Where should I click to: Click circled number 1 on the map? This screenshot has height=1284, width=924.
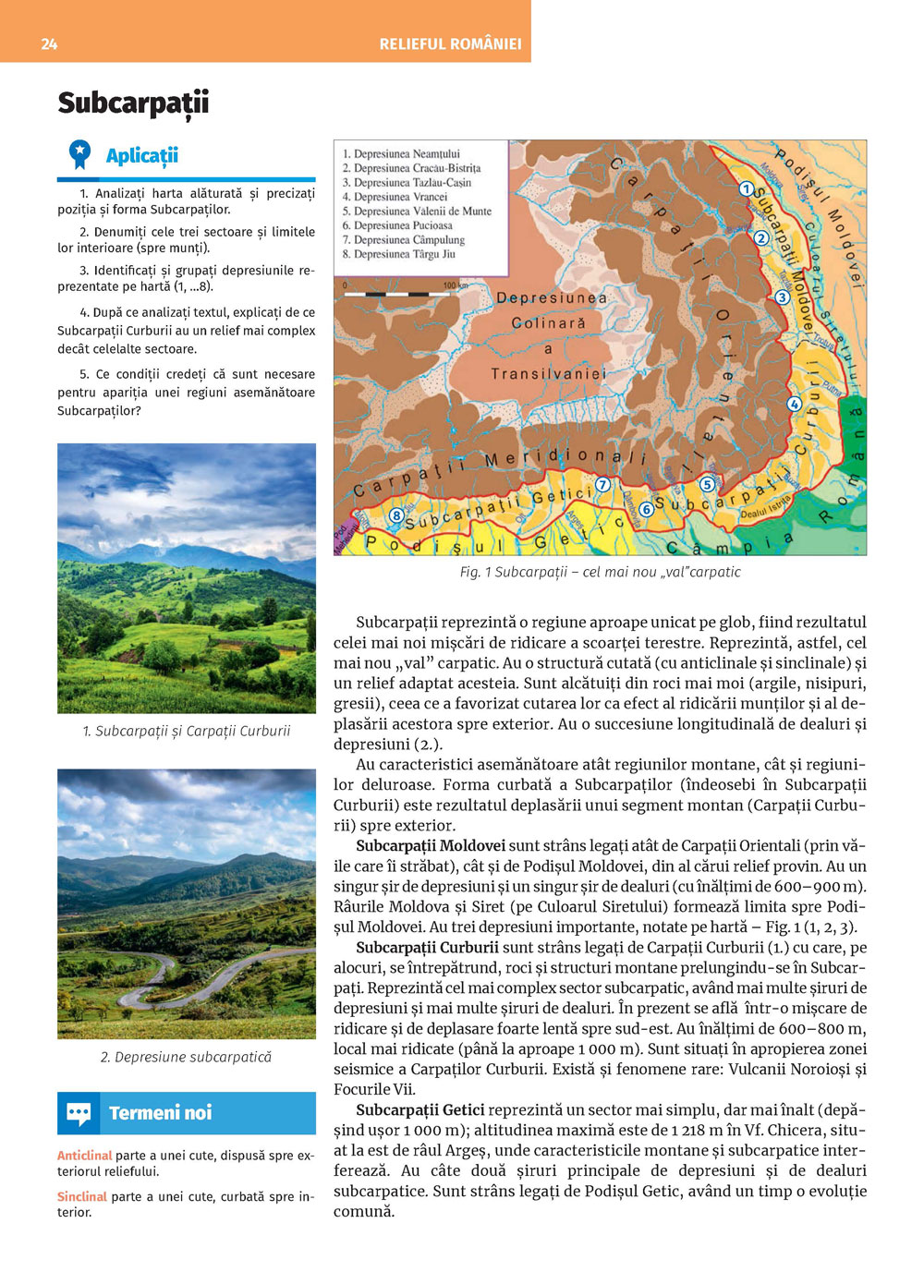pyautogui.click(x=746, y=188)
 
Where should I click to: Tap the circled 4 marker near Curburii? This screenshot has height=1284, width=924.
pyautogui.click(x=794, y=404)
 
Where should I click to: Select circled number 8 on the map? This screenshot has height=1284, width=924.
pyautogui.click(x=396, y=515)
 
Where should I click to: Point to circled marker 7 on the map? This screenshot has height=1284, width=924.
pyautogui.click(x=602, y=484)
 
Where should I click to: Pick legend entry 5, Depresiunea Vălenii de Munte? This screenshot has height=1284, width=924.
pyautogui.click(x=417, y=211)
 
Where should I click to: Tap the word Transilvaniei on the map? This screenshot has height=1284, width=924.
pyautogui.click(x=548, y=373)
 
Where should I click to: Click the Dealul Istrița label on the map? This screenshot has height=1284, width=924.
pyautogui.click(x=766, y=506)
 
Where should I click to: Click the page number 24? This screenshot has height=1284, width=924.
pyautogui.click(x=49, y=43)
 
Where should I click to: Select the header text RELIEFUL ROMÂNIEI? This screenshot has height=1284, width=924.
pyautogui.click(x=450, y=43)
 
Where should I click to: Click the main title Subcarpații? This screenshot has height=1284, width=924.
pyautogui.click(x=133, y=103)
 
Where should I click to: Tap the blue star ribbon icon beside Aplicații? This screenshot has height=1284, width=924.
pyautogui.click(x=80, y=153)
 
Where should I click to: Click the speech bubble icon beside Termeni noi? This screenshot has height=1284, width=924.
pyautogui.click(x=79, y=1113)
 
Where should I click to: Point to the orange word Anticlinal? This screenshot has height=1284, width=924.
pyautogui.click(x=84, y=1156)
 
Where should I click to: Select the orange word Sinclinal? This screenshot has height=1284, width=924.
pyautogui.click(x=81, y=1196)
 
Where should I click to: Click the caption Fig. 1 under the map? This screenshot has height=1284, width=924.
pyautogui.click(x=600, y=572)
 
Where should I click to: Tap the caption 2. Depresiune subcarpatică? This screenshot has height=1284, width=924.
pyautogui.click(x=186, y=1057)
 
